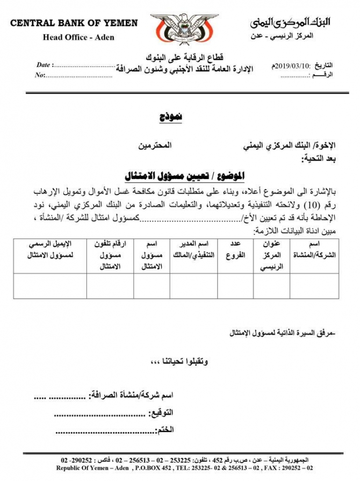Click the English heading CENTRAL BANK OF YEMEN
click(74, 23)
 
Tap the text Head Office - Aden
click(78, 37)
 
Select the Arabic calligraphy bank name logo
click(290, 22)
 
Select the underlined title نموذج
click(171, 117)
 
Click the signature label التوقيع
click(161, 413)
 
